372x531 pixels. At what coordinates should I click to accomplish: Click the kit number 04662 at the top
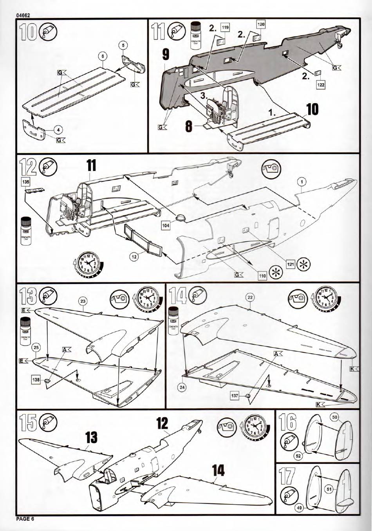pyautogui.click(x=23, y=15)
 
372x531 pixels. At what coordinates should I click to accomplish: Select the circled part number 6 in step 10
pyautogui.click(x=102, y=56)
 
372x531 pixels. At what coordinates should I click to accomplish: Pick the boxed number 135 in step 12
pyautogui.click(x=25, y=182)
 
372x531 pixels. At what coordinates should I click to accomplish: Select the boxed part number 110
pyautogui.click(x=262, y=276)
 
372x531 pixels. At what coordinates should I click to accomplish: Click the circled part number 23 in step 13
pyautogui.click(x=83, y=301)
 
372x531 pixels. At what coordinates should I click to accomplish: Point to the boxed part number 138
pyautogui.click(x=36, y=379)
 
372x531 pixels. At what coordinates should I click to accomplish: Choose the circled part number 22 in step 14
pyautogui.click(x=250, y=297)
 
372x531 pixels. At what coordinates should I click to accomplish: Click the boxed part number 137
pyautogui.click(x=234, y=396)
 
